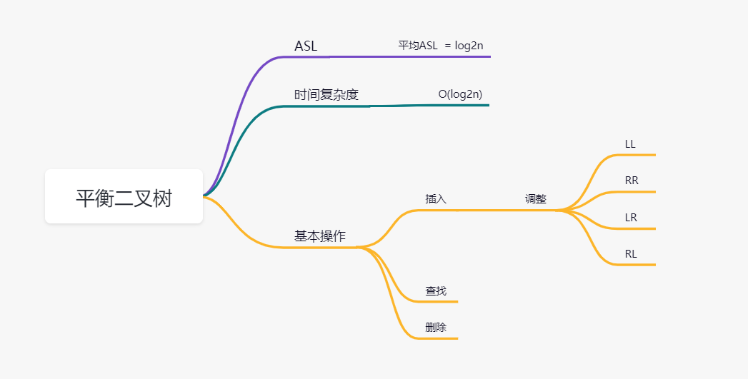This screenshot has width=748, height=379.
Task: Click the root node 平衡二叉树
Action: point(124,197)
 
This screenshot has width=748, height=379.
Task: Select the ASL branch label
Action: point(306,46)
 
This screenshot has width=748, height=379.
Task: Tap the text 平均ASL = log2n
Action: point(445,45)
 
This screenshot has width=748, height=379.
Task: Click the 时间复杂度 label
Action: point(326,94)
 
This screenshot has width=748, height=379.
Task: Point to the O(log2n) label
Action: point(465,94)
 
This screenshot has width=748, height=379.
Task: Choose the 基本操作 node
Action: point(319,236)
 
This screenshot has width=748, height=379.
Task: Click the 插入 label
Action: point(436,199)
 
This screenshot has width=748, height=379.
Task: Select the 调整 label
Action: point(536,199)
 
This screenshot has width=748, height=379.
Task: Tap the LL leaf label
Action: point(630,144)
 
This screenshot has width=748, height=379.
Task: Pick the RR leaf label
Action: point(632,181)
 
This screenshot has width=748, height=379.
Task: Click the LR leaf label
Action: point(631,218)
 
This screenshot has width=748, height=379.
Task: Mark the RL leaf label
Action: point(631,254)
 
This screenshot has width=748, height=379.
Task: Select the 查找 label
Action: point(436,291)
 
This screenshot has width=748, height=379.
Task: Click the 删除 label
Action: point(436,328)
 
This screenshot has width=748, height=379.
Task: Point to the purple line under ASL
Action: point(400,56)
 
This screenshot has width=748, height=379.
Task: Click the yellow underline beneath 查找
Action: point(439,301)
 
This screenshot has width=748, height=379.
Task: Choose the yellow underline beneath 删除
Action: point(439,338)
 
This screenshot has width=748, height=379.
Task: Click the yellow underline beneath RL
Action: point(636,265)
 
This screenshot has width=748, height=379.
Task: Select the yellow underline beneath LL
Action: point(636,154)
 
